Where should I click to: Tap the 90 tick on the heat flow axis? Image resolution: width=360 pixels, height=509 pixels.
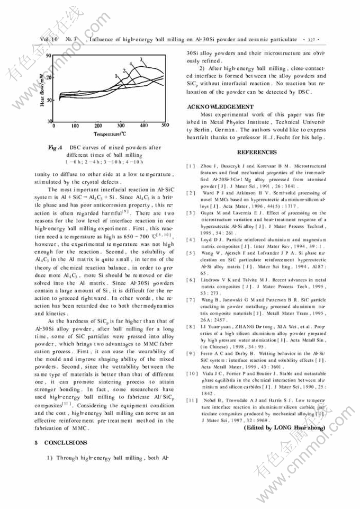click(x=49, y=55)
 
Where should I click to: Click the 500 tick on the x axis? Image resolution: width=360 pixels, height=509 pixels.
click(x=165, y=126)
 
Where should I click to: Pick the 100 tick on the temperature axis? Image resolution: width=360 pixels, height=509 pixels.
click(x=75, y=126)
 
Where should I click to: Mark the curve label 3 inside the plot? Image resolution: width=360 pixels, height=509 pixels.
click(x=141, y=59)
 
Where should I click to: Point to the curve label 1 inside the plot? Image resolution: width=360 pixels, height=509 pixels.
click(x=115, y=76)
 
